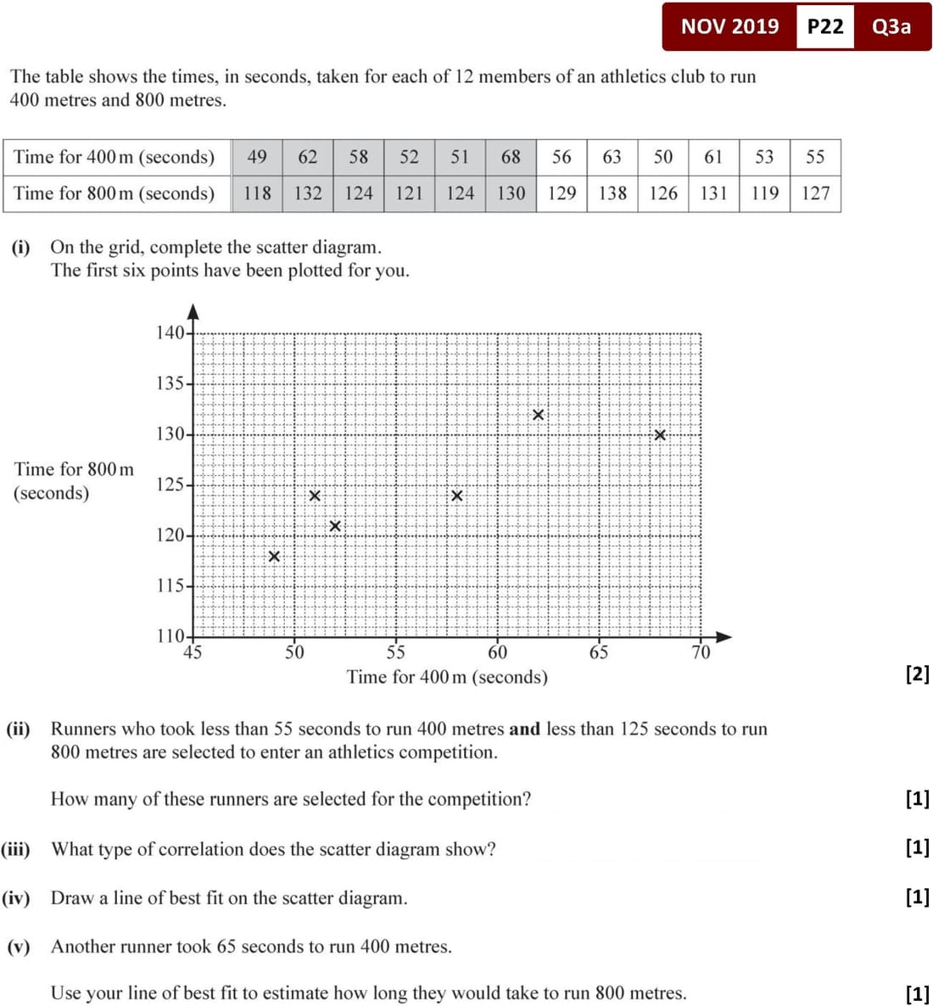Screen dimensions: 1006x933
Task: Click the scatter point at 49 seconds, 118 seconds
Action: (274, 556)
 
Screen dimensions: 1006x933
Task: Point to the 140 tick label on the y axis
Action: (170, 333)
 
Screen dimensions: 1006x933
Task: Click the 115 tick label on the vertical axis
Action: (170, 586)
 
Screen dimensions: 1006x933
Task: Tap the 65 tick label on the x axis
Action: (599, 652)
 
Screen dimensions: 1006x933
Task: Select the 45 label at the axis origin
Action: (193, 652)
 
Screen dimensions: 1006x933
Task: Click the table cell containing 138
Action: (612, 193)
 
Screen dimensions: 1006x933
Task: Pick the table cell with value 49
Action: (257, 157)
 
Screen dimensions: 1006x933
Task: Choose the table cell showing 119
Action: (765, 193)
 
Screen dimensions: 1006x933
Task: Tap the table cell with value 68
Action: (511, 157)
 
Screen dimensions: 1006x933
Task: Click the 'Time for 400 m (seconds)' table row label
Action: (115, 157)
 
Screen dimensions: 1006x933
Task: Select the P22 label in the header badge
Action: (825, 26)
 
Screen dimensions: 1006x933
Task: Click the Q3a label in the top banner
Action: (891, 26)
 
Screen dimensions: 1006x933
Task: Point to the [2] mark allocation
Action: (917, 674)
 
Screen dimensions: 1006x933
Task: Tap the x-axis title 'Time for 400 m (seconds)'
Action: (447, 677)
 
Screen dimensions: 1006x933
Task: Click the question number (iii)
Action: (16, 849)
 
